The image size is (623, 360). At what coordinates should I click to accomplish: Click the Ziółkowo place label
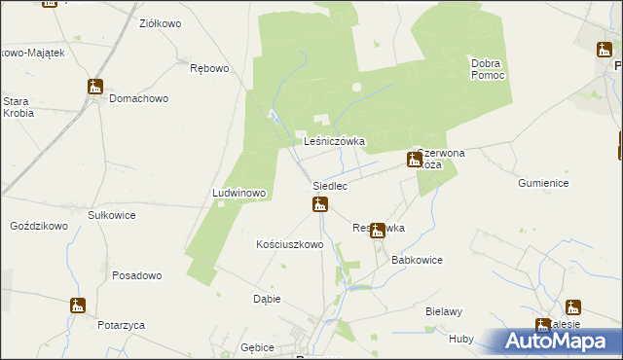[x=159, y=22]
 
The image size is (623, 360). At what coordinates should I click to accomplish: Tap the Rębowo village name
[x=209, y=68]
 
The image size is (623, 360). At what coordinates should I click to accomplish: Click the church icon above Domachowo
[x=94, y=87]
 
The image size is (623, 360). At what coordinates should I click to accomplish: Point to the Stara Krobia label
[x=18, y=107]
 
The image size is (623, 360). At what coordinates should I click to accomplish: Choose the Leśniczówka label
[x=334, y=141]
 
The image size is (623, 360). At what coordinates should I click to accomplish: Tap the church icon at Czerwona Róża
[x=414, y=159]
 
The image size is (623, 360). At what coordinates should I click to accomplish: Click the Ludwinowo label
[x=238, y=193]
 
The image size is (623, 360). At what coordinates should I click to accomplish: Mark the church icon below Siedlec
[x=319, y=203]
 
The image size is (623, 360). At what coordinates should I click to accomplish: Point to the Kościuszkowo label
[x=288, y=244]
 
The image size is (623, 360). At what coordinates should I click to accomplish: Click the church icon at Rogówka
[x=377, y=230]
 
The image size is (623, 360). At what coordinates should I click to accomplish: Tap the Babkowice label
[x=417, y=261]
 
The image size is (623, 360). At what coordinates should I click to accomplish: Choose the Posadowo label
[x=136, y=275]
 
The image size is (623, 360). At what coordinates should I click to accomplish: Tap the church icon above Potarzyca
[x=78, y=306]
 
